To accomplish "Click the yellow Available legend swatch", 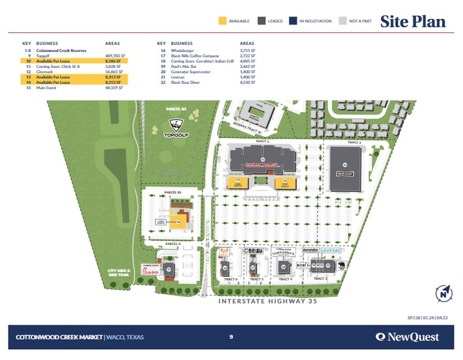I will [223, 21].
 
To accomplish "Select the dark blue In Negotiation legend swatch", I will [294, 21].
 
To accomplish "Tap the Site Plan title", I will [413, 21].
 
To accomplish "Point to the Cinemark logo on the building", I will [262, 164].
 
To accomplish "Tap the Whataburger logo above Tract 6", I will [225, 253].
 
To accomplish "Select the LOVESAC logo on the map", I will [332, 252].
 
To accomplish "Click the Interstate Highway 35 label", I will [270, 301].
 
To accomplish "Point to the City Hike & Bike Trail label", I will [119, 272].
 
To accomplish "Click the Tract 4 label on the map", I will [284, 279].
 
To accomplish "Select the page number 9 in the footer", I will [231, 337].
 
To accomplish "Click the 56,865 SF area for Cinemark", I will [114, 72].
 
